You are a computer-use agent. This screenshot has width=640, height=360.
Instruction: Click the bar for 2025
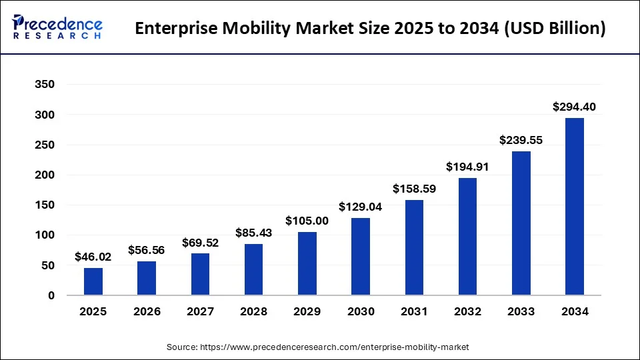pos(93,281)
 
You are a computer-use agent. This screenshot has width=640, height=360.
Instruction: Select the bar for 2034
pos(575,207)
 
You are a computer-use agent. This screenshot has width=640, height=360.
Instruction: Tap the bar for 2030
pos(361,257)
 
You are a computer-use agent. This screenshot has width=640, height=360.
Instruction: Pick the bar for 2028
pos(253,269)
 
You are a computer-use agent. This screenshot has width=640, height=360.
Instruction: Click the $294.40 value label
pos(575,107)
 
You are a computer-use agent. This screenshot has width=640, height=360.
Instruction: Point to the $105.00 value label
pos(307,221)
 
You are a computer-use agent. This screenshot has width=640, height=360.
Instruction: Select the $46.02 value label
pos(93,256)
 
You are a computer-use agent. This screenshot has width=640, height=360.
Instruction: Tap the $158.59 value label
pos(414,189)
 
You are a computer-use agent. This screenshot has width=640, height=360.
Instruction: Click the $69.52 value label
pos(200,242)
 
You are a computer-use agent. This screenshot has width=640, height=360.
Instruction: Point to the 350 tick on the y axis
pos(45,85)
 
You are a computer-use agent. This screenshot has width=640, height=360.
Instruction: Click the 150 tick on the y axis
pos(45,205)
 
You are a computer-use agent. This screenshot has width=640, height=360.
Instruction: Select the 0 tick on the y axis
pos(51,295)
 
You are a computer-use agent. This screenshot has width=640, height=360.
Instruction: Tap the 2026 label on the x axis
pos(147,312)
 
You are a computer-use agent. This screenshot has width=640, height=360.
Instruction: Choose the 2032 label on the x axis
pos(467,312)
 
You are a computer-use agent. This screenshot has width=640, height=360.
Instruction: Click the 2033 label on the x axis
pos(521,312)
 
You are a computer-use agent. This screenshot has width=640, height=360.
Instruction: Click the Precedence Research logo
pos(57,28)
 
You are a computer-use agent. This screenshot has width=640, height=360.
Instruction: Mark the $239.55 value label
pos(521,140)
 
